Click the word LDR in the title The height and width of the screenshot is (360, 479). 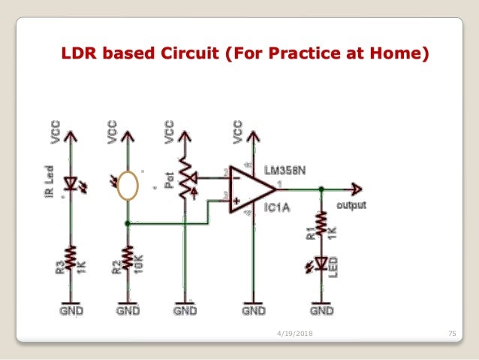tap(78, 54)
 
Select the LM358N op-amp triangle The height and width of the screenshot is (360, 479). tap(250, 189)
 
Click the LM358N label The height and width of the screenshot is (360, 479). tap(285, 171)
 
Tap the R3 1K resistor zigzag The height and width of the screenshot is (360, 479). tap(69, 258)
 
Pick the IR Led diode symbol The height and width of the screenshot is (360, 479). tap(69, 183)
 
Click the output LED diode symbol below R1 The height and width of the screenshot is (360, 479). tap(321, 263)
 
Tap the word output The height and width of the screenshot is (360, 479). tap(351, 204)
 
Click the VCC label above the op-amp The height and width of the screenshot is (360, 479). tap(238, 131)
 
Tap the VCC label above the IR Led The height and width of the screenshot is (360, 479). tap(56, 131)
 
